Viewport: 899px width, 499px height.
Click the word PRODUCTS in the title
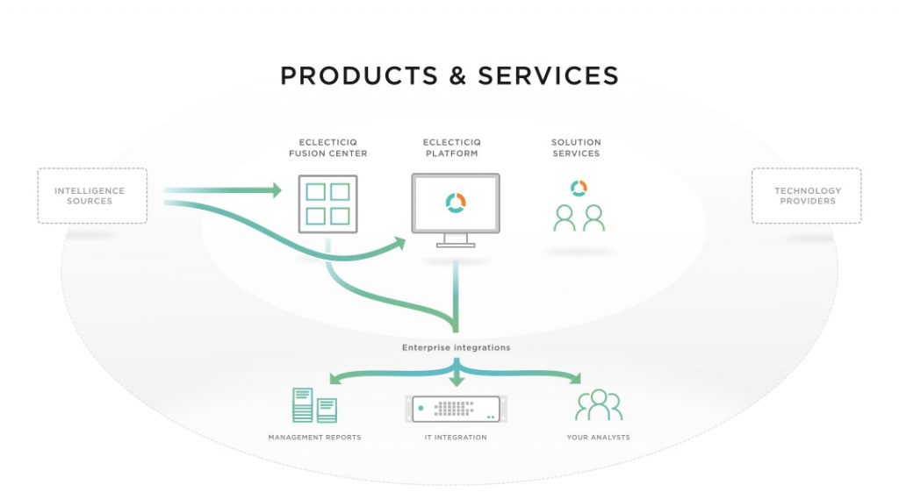(x=359, y=75)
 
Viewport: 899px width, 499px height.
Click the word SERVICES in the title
(x=548, y=75)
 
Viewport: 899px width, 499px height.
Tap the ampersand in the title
(x=457, y=75)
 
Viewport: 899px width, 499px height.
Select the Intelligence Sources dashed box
(x=92, y=196)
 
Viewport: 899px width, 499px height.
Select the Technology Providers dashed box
(x=806, y=196)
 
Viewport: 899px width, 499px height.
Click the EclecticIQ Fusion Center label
(x=328, y=148)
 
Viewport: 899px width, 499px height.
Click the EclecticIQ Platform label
(x=452, y=148)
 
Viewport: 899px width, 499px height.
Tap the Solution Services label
(x=576, y=148)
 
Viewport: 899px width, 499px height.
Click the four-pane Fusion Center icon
(x=328, y=204)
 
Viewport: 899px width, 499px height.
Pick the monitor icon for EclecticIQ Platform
(x=456, y=210)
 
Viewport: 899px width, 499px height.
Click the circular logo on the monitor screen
(x=456, y=203)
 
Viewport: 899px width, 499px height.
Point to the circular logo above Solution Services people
(x=579, y=188)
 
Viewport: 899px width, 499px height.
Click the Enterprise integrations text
(x=456, y=347)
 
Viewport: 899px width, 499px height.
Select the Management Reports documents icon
(x=315, y=405)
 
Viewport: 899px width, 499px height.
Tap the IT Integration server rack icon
(x=456, y=409)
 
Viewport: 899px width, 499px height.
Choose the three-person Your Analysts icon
(x=599, y=405)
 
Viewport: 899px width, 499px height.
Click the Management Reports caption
(x=315, y=437)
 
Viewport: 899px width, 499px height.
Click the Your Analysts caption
(x=599, y=437)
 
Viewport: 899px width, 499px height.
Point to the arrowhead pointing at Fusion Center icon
(x=277, y=190)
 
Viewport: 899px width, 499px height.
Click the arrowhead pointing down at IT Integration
(x=457, y=381)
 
